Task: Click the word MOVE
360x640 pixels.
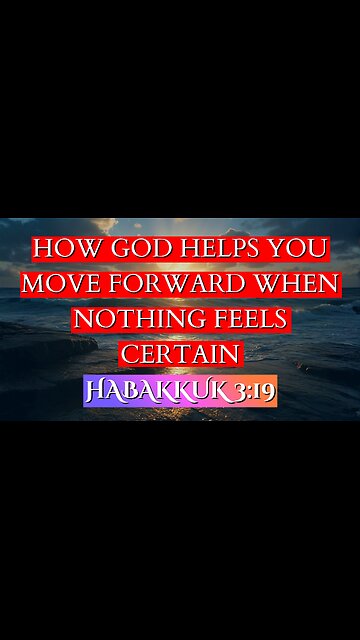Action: click(x=60, y=283)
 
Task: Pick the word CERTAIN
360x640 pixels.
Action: click(x=181, y=353)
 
